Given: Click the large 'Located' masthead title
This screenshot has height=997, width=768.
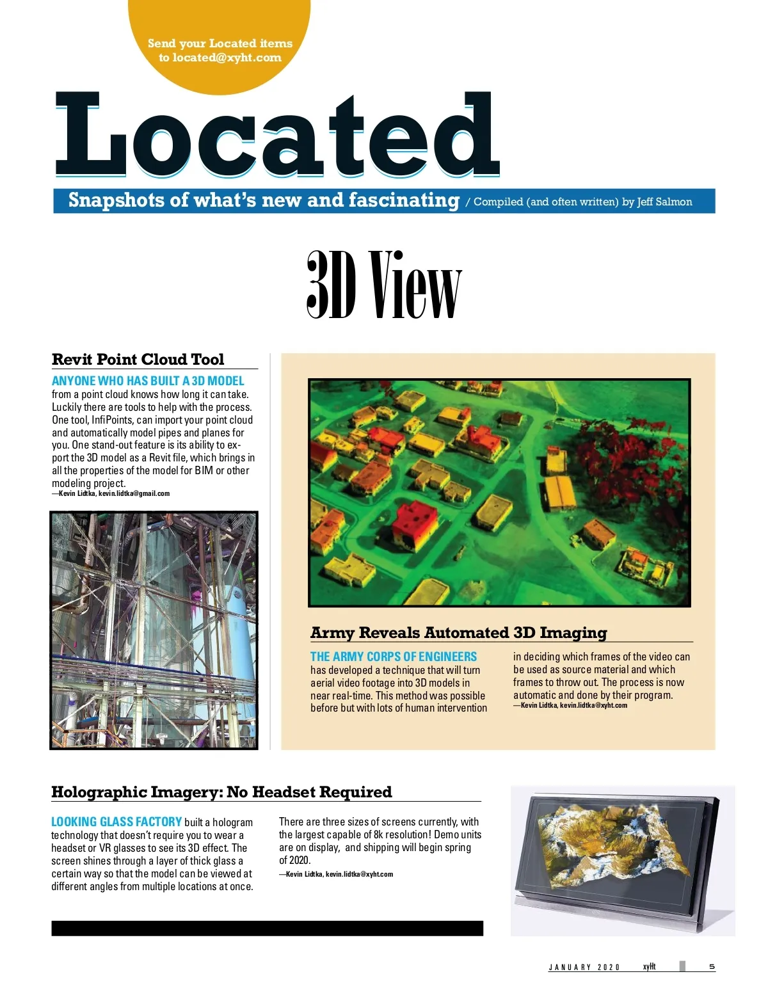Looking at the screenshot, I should click(276, 135).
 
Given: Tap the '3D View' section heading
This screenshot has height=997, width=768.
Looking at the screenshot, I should click(383, 285).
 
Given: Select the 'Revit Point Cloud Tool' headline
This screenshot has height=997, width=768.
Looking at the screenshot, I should click(138, 359).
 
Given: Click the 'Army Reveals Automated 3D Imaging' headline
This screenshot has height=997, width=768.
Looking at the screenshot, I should click(458, 633).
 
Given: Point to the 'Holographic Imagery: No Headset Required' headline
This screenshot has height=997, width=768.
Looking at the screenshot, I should click(221, 792).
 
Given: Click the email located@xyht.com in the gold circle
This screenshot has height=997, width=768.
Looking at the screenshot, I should click(227, 58).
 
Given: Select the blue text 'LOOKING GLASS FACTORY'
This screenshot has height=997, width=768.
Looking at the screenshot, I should click(116, 822).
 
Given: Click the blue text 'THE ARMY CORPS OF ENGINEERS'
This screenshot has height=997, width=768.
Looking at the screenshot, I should click(393, 657).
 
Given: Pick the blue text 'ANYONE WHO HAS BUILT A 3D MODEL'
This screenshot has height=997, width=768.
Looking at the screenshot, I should click(148, 381).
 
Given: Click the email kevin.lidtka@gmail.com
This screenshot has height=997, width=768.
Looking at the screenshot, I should click(134, 493).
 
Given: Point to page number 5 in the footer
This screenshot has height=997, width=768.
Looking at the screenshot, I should click(712, 967).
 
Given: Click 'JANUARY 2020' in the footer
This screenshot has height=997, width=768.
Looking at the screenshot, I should click(584, 968).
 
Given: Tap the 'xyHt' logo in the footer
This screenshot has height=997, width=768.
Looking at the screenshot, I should click(649, 967).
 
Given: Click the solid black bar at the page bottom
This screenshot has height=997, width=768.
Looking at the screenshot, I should click(267, 929).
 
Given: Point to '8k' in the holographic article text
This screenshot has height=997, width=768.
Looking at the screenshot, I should click(378, 835).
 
